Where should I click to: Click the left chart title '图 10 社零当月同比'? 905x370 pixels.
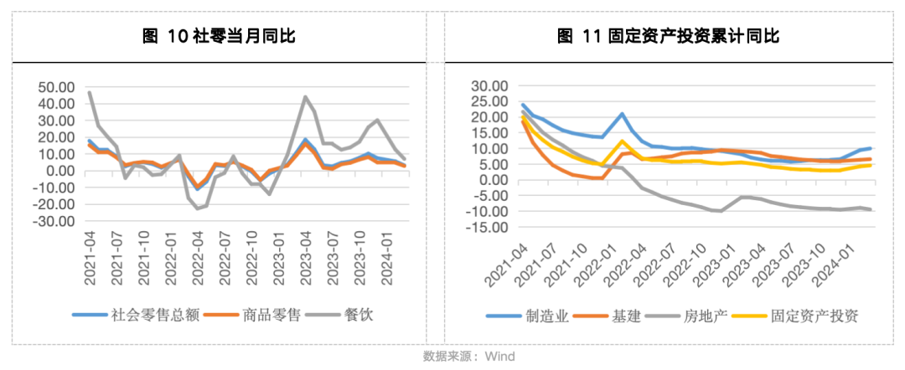[220, 36]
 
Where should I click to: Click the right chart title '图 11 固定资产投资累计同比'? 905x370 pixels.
[668, 36]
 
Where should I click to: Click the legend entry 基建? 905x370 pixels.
[627, 316]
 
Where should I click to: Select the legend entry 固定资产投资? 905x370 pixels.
[807, 316]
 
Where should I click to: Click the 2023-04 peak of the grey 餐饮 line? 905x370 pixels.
[306, 97]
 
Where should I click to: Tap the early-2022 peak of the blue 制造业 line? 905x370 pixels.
[623, 114]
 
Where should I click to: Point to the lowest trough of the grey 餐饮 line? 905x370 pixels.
[198, 208]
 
